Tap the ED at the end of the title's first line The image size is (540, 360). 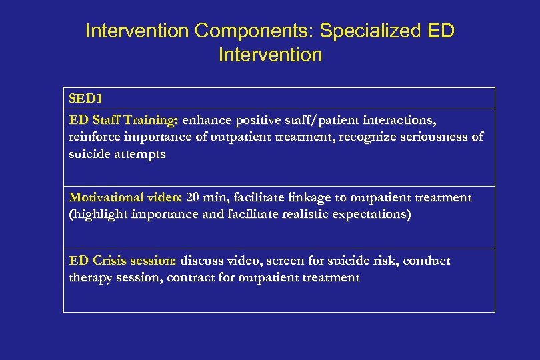coord(440,31)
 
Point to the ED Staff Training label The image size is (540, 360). coord(123,120)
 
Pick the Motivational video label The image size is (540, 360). coord(126,197)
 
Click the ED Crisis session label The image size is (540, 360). coord(123,261)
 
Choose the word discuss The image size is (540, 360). coord(203,261)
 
